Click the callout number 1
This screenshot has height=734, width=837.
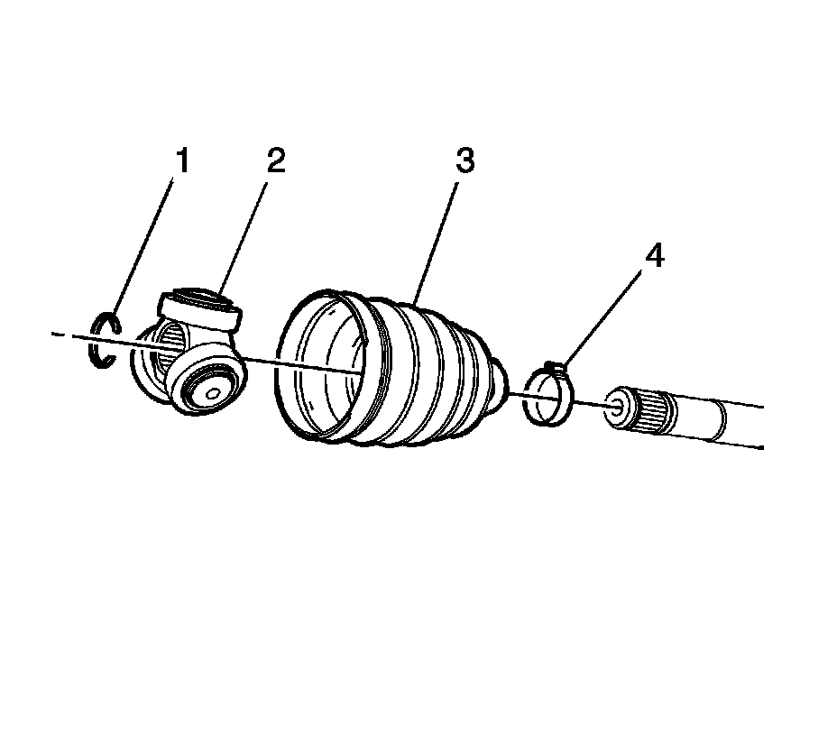click(182, 161)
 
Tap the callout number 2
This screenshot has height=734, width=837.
click(274, 161)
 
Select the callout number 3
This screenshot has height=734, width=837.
click(464, 161)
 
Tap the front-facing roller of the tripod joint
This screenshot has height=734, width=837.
click(206, 382)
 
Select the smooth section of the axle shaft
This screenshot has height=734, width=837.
click(722, 424)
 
